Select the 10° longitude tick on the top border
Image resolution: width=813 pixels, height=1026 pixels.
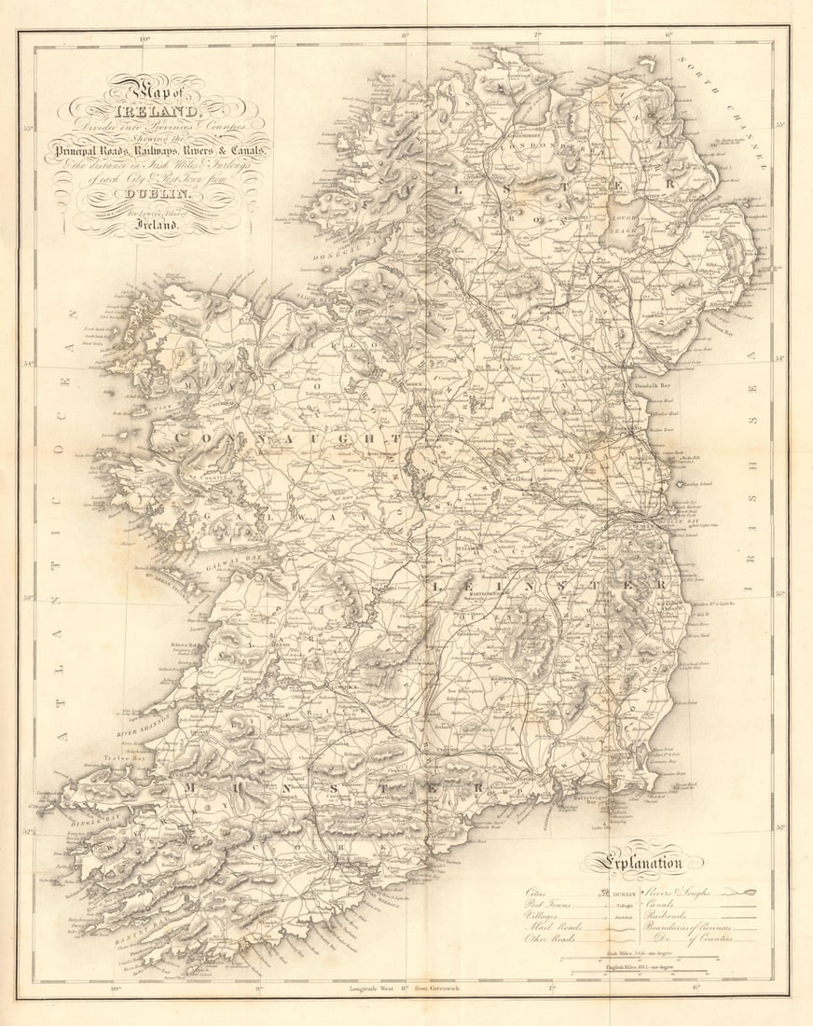click(145, 38)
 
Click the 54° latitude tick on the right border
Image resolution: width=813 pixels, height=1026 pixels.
click(779, 357)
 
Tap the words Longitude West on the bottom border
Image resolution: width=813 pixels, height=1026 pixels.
click(372, 987)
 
